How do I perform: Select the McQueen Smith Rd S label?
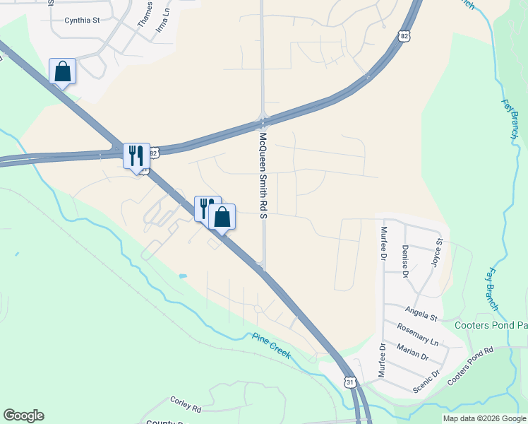263,175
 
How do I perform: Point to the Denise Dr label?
405,261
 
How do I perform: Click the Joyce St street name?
436,252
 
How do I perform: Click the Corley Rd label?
186,404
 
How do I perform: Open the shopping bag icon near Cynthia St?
63,71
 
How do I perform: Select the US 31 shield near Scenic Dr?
350,382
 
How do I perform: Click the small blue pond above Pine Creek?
184,275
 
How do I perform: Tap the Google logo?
23,416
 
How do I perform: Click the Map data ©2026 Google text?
484,418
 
